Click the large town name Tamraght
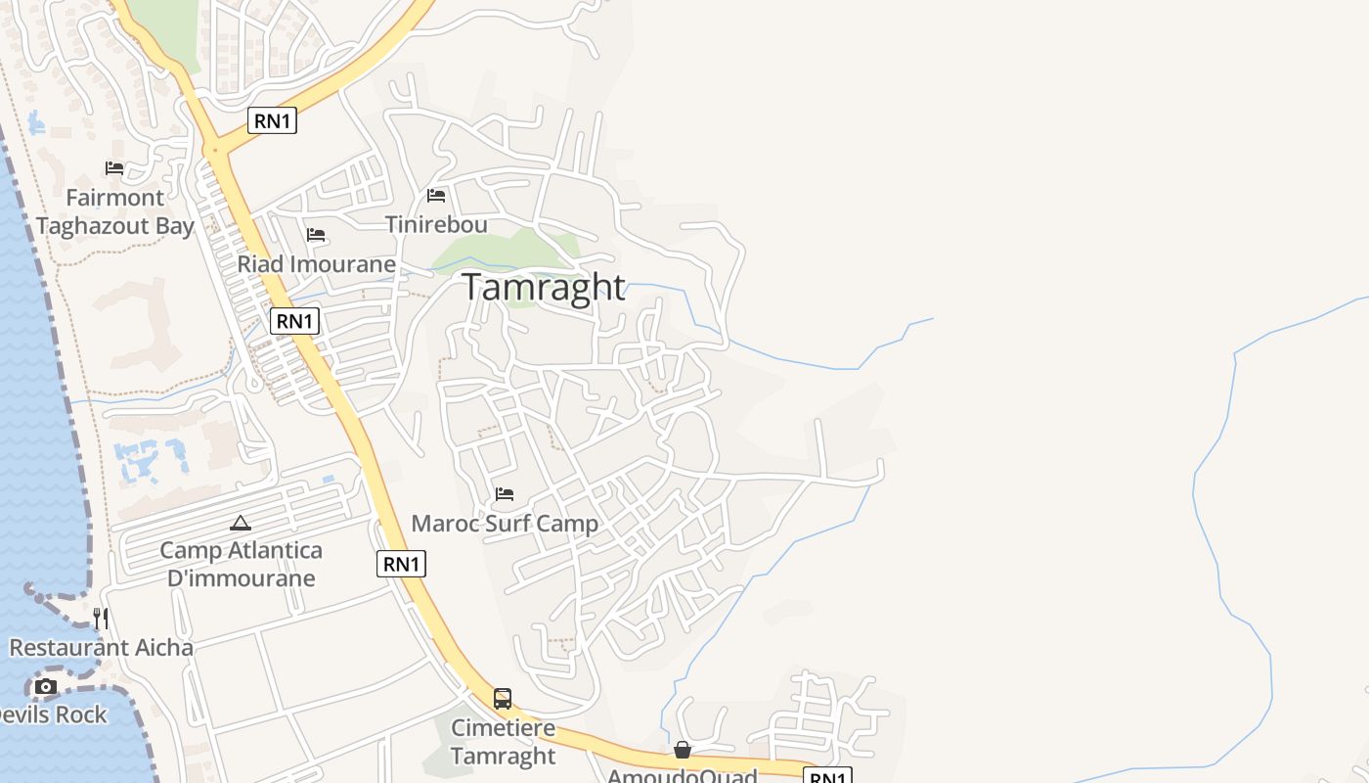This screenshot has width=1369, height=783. point(543,287)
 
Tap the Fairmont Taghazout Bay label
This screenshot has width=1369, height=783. point(115,211)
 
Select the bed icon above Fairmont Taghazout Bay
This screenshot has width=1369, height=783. point(114,168)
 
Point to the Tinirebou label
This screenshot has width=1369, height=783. point(436,224)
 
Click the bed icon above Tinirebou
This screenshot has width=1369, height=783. point(436,196)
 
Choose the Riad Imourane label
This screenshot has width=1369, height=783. point(316,264)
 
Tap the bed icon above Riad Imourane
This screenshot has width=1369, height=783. point(316,235)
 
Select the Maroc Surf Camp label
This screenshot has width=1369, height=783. point(505,524)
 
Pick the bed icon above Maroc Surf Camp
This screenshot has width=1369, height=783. point(505,494)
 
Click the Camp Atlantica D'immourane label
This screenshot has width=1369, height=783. point(241,564)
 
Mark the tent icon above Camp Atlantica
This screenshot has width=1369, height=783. point(241,524)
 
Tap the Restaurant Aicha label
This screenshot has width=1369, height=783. point(102,648)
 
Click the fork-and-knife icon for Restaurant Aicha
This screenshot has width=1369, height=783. point(101,619)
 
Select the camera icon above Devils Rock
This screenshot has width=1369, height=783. point(46,687)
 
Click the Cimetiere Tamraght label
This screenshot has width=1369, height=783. point(503,742)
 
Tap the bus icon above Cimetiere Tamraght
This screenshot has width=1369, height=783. point(503,699)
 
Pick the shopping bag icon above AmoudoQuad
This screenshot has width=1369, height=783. point(683,750)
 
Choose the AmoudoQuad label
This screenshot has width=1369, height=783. point(683,776)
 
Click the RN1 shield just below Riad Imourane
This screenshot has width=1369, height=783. point(294,321)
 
